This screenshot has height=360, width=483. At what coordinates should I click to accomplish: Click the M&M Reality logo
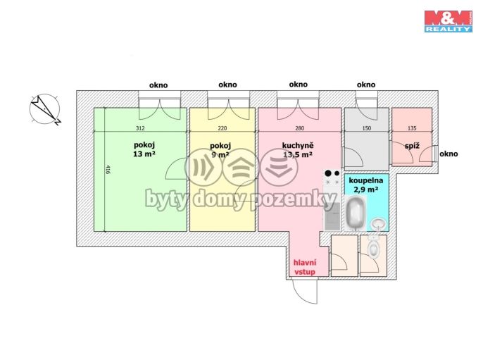click(x=448, y=21)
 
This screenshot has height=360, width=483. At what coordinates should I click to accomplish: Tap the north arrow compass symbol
click(x=45, y=109)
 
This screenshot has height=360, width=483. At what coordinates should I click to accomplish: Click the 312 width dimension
click(x=140, y=128)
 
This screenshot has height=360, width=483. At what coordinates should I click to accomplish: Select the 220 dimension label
click(x=222, y=128)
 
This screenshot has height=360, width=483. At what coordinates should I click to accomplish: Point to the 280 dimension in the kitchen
click(x=299, y=128)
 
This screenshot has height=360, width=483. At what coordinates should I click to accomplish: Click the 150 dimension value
click(x=367, y=128)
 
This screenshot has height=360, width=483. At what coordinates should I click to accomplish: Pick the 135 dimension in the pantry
click(x=412, y=128)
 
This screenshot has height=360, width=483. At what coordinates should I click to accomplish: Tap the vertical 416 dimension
click(x=108, y=170)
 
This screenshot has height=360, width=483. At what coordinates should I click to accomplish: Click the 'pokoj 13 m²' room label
click(x=144, y=149)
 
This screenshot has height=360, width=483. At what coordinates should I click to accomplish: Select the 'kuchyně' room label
click(x=298, y=145)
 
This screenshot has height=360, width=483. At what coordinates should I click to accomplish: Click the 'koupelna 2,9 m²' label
click(x=366, y=185)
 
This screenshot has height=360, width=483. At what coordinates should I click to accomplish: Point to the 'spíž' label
click(x=412, y=146)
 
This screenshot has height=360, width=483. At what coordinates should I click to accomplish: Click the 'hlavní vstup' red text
click(x=305, y=267)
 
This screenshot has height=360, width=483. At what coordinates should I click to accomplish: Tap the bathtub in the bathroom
click(x=355, y=213)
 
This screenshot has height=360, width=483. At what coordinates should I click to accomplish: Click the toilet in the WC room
click(x=373, y=247)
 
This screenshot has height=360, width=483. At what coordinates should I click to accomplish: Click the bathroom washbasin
click(x=379, y=223)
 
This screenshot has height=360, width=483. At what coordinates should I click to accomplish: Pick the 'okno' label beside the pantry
click(x=448, y=154)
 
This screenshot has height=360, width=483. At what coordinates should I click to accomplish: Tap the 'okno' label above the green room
click(x=158, y=85)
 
